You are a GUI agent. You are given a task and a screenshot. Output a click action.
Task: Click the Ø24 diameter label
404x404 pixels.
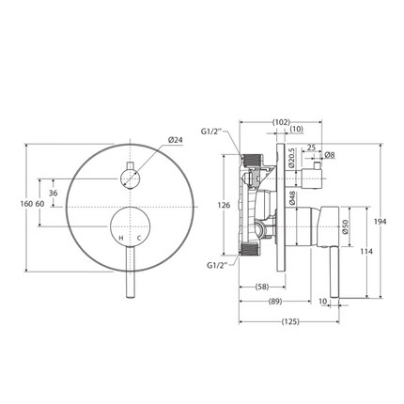(x=176, y=140)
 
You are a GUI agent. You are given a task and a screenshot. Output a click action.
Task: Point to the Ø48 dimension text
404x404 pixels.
(x=293, y=199)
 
